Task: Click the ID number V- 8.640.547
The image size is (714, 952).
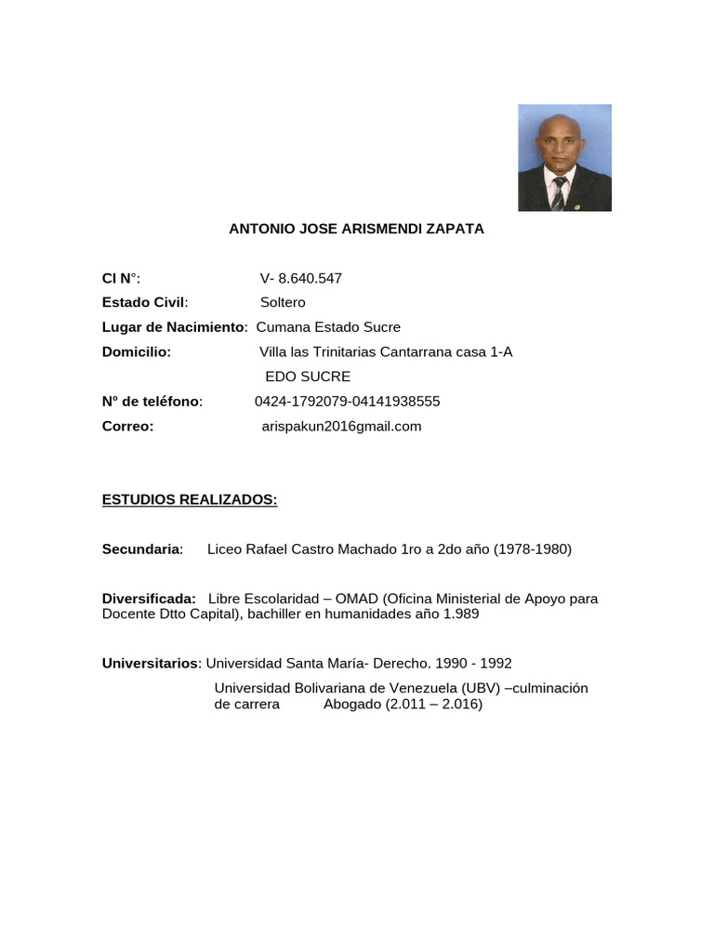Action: (301, 278)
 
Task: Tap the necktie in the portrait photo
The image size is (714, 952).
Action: (558, 192)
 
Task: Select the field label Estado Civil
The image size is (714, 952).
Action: (144, 302)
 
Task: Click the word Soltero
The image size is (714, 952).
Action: (283, 302)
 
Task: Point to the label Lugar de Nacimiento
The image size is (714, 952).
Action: (173, 327)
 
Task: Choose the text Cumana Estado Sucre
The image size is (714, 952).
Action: (328, 327)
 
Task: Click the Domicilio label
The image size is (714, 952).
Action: (137, 351)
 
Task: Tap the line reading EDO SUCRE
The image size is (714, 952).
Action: (308, 377)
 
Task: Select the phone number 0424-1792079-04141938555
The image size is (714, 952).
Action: (347, 402)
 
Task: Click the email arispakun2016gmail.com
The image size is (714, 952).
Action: (341, 427)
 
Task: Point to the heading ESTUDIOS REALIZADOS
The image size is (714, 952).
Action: (190, 500)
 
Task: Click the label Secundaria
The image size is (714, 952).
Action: (142, 549)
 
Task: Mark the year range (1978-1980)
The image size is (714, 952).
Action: (521, 549)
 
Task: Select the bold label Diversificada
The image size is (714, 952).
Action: (149, 599)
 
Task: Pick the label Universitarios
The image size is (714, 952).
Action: (151, 664)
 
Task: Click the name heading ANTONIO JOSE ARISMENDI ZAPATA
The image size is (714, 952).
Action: (356, 229)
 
